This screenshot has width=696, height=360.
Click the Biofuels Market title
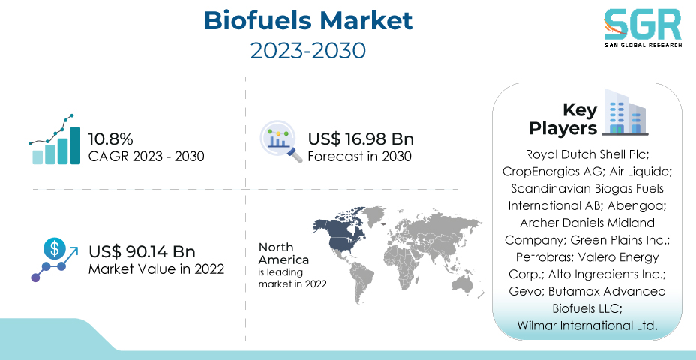click(x=308, y=20)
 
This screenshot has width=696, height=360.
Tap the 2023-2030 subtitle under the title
click(x=308, y=51)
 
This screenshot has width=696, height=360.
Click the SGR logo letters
click(x=642, y=25)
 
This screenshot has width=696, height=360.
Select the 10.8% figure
click(x=110, y=139)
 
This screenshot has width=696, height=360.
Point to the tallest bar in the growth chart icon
click(x=76, y=145)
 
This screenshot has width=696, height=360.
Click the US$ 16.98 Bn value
click(x=361, y=139)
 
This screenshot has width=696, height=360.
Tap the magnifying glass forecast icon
click(x=280, y=142)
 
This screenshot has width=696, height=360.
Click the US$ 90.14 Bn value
click(x=142, y=252)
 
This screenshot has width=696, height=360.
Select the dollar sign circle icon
click(x=55, y=248)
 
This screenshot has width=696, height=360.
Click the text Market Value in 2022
click(x=156, y=269)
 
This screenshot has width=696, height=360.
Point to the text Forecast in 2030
click(x=360, y=157)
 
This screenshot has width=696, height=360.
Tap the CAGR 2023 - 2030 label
click(x=146, y=157)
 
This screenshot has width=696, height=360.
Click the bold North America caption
click(x=283, y=253)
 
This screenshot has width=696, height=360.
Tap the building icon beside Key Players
click(x=625, y=112)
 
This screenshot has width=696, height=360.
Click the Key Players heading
click(x=562, y=119)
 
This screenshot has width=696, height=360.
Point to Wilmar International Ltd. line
click(x=586, y=325)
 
